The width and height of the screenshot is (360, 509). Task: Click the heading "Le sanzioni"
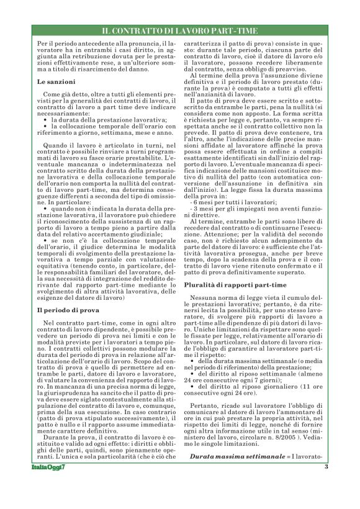click(x=56, y=81)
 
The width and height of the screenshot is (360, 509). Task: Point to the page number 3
click(x=325, y=484)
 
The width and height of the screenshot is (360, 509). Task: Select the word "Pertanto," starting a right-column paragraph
click(x=204, y=420)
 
